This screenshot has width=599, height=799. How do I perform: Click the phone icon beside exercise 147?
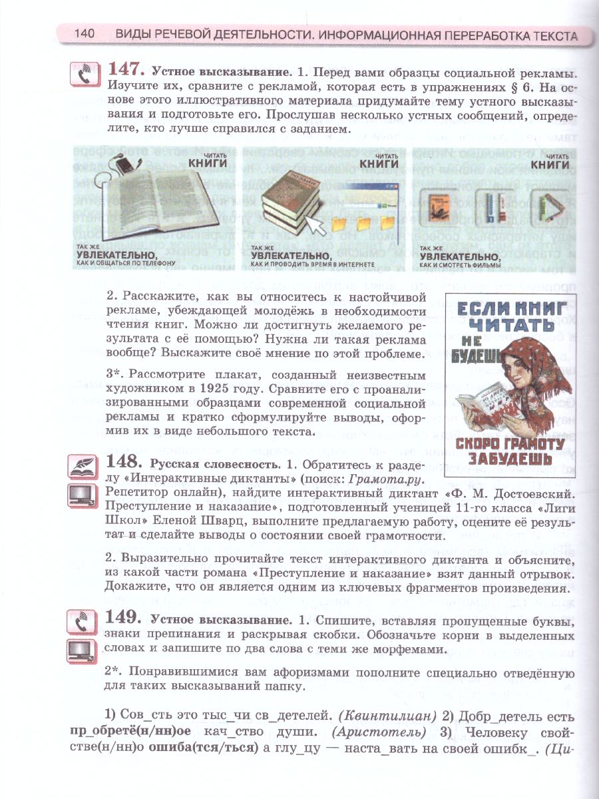84,74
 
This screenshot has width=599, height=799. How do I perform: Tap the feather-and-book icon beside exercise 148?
83,466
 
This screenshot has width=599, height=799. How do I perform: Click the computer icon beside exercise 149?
83,649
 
